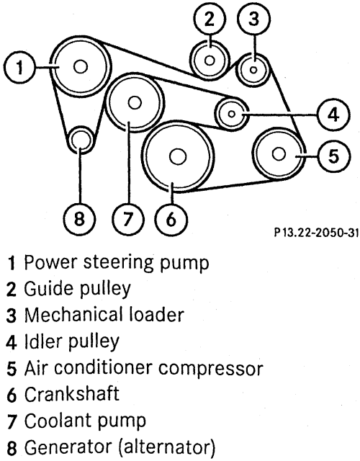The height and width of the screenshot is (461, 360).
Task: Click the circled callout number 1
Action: pyautogui.click(x=19, y=67)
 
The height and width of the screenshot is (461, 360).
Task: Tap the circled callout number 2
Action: pyautogui.click(x=210, y=19)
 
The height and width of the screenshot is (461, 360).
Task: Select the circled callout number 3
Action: pyautogui.click(x=254, y=19)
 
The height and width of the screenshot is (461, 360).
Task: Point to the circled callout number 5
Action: pyautogui.click(x=333, y=156)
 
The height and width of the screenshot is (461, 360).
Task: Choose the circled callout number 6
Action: pyautogui.click(x=171, y=219)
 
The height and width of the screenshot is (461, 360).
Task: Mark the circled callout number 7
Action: pyautogui.click(x=128, y=219)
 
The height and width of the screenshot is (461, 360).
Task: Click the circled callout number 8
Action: pyautogui.click(x=79, y=219)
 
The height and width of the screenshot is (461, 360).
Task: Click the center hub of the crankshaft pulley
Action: pyautogui.click(x=178, y=156)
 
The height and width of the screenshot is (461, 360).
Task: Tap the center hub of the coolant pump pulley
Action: pyautogui.click(x=135, y=102)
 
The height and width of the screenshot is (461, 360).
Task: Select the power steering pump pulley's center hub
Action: pyautogui.click(x=81, y=67)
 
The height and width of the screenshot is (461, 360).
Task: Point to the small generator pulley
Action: pyautogui.click(x=81, y=140)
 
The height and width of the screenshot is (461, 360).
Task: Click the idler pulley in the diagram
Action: pyautogui.click(x=232, y=113)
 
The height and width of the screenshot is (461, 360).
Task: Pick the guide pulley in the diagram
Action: pyautogui.click(x=210, y=61)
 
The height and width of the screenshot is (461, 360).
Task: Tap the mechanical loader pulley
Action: pyautogui.click(x=254, y=70)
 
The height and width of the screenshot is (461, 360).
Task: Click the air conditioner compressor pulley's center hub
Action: pyautogui.click(x=279, y=154)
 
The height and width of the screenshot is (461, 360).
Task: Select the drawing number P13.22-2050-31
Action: pyautogui.click(x=317, y=233)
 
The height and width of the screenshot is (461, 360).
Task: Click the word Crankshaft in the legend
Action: pyautogui.click(x=72, y=394)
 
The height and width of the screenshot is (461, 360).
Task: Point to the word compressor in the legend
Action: pyautogui.click(x=211, y=369)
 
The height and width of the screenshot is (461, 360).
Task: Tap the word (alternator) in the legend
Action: pyautogui.click(x=167, y=447)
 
